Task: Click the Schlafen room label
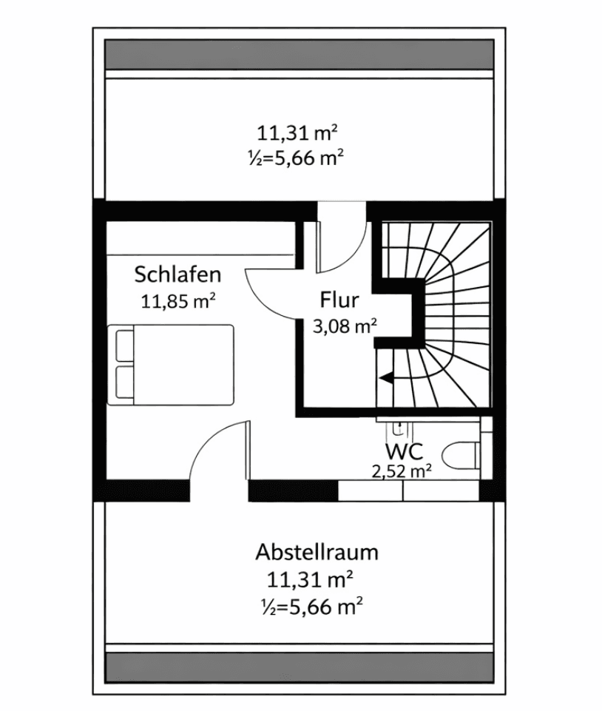[177, 275]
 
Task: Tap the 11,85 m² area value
[177, 300]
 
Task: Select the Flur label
[339, 300]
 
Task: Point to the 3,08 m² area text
[345, 326]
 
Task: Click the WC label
[404, 451]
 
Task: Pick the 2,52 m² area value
[402, 471]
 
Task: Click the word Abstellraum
[317, 552]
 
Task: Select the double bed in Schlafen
[172, 364]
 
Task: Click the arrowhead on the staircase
[385, 378]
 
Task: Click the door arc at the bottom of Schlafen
[218, 451]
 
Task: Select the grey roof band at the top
[300, 53]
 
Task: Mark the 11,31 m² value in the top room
[297, 133]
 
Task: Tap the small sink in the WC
[399, 427]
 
